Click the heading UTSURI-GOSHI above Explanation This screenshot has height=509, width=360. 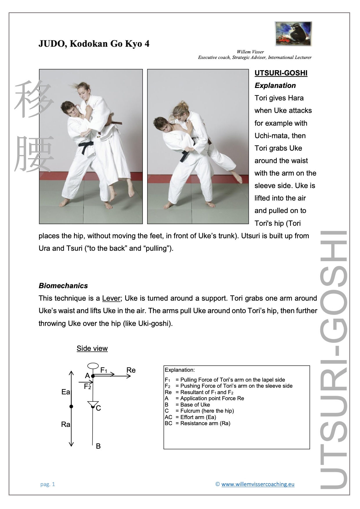pyautogui.click(x=281, y=73)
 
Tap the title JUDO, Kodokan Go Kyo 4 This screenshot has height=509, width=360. pyautogui.click(x=94, y=44)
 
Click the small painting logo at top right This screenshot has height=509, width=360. pyautogui.click(x=293, y=34)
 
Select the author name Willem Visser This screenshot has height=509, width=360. pyautogui.click(x=250, y=52)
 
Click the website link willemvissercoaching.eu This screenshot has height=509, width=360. pyautogui.click(x=258, y=484)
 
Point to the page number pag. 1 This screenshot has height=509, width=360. pyautogui.click(x=48, y=484)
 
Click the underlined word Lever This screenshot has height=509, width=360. pyautogui.click(x=111, y=298)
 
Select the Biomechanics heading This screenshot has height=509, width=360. pyautogui.click(x=63, y=286)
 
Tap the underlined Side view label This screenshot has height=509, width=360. pyautogui.click(x=92, y=348)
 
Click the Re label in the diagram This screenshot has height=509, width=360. pyautogui.click(x=131, y=370)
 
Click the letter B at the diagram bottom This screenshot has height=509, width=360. pyautogui.click(x=98, y=446)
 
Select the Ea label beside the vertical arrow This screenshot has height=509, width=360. pyautogui.click(x=66, y=392)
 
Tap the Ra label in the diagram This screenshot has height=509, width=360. pyautogui.click(x=66, y=425)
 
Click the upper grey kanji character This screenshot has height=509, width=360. pyautogui.click(x=34, y=100)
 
